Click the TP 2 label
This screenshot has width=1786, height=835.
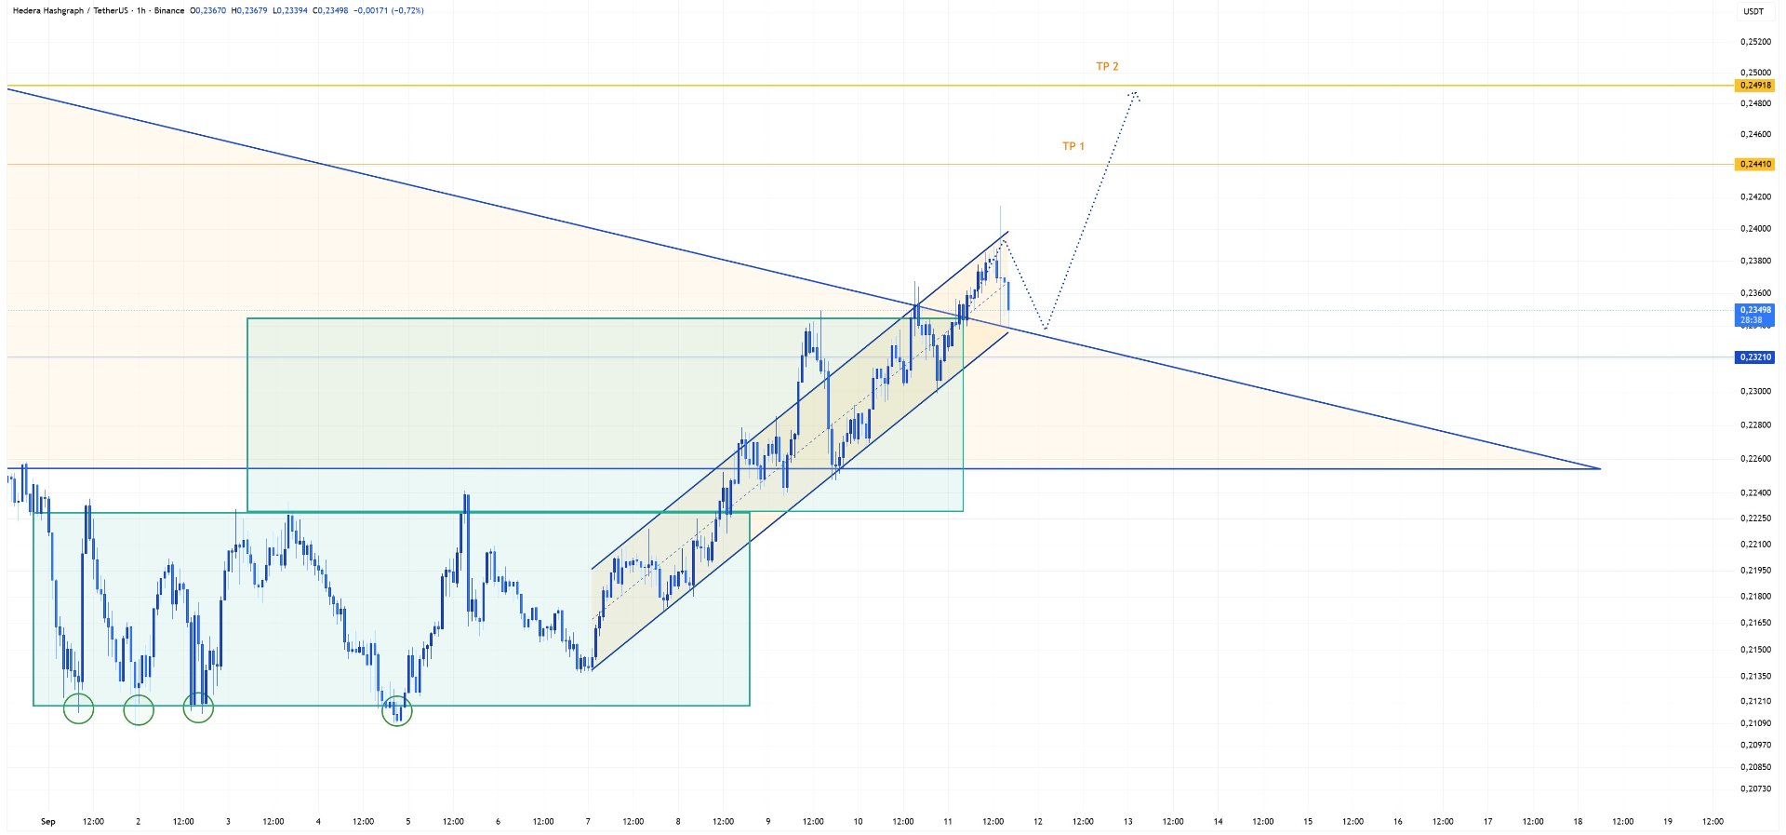(x=1107, y=67)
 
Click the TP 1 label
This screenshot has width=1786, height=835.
(x=1073, y=146)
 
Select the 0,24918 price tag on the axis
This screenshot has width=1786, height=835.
(x=1754, y=86)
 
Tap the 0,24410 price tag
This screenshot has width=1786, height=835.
(x=1754, y=165)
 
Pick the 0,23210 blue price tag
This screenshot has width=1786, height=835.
(x=1754, y=357)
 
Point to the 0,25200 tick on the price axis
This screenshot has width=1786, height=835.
(x=1755, y=42)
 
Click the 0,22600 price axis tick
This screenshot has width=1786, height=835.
(x=1755, y=459)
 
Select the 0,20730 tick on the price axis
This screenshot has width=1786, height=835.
(x=1755, y=789)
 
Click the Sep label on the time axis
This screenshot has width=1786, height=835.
(x=48, y=822)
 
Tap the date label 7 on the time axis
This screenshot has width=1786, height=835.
(x=588, y=822)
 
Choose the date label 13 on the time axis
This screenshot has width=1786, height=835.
(x=1128, y=822)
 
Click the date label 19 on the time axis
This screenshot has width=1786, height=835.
(x=1668, y=822)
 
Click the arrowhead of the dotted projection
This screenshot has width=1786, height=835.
(x=1135, y=93)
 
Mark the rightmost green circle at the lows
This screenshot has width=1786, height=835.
(x=397, y=712)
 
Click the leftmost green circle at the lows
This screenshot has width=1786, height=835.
(x=79, y=708)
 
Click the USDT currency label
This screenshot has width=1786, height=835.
(x=1753, y=11)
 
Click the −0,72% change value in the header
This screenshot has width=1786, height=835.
(x=407, y=11)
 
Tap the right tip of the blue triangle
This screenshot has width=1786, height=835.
(x=1600, y=468)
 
